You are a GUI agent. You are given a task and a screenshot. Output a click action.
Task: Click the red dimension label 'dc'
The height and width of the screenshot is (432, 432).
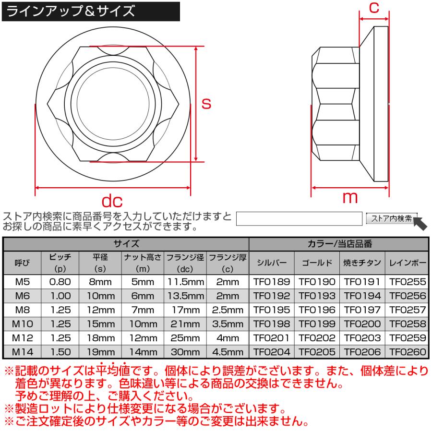click(112, 201)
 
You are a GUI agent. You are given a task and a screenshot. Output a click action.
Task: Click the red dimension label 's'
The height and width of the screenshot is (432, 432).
click(206, 103)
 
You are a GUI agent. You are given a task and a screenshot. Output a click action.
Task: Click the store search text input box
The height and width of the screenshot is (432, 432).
click(300, 218)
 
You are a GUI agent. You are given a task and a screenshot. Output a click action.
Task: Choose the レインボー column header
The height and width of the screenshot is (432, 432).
click(407, 263)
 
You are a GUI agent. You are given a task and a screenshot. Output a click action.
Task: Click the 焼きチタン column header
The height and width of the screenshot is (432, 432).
click(362, 263)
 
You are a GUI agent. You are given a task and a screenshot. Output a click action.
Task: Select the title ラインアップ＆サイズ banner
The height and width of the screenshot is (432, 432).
click(91, 11)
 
